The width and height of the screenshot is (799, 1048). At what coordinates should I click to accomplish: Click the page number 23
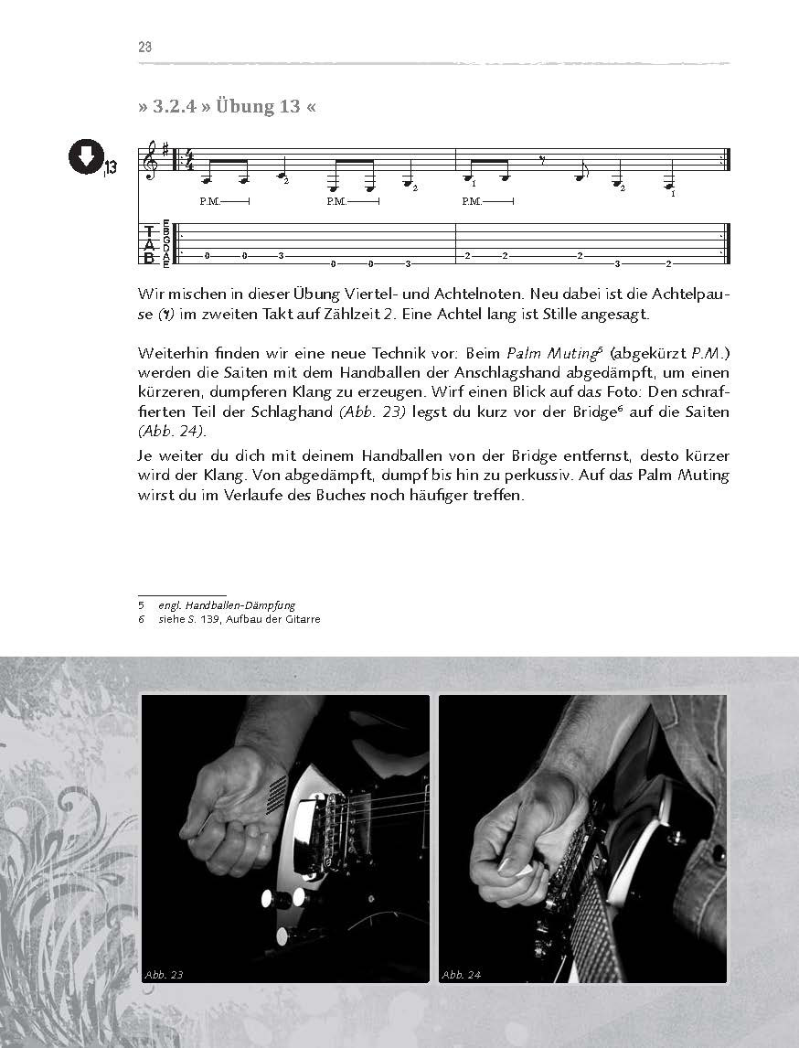[x=144, y=48]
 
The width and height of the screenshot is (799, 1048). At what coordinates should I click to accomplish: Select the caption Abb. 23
[x=165, y=975]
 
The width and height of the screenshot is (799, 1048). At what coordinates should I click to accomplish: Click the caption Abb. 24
[x=462, y=975]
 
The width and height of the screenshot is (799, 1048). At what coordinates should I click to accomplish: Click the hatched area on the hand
[x=274, y=792]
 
